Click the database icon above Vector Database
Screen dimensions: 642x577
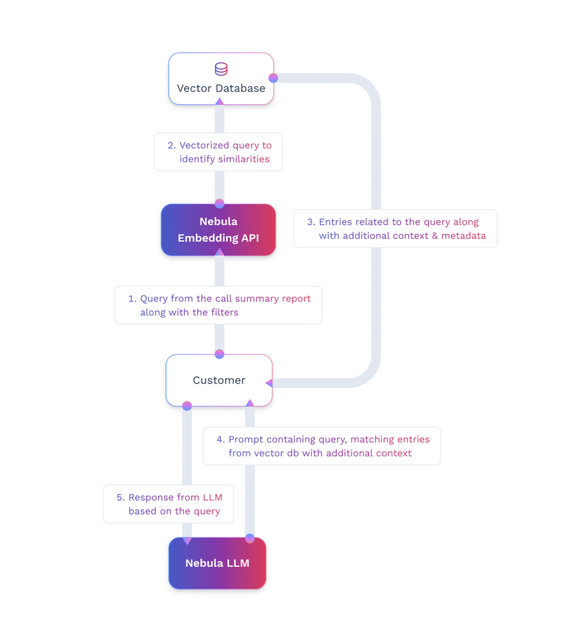[221, 69]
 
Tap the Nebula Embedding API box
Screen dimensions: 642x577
[218, 230]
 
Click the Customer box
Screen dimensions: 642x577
[219, 380]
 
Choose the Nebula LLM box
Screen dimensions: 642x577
[217, 563]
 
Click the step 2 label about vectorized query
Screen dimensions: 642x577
[218, 152]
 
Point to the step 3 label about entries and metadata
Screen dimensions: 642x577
[395, 229]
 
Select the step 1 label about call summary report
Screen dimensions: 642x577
[218, 305]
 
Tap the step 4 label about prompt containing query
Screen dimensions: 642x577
[322, 446]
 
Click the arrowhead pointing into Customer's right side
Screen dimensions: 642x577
[269, 383]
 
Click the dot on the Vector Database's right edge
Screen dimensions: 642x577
[273, 78]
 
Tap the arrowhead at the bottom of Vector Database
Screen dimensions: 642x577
[219, 101]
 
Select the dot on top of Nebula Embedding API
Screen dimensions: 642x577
[220, 204]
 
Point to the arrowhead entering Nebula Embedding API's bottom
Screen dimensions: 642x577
[219, 252]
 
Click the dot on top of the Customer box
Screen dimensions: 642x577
[220, 354]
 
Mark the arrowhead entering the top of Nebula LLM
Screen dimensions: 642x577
[187, 540]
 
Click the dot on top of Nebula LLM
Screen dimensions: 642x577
[250, 538]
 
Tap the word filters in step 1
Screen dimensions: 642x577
[224, 312]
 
